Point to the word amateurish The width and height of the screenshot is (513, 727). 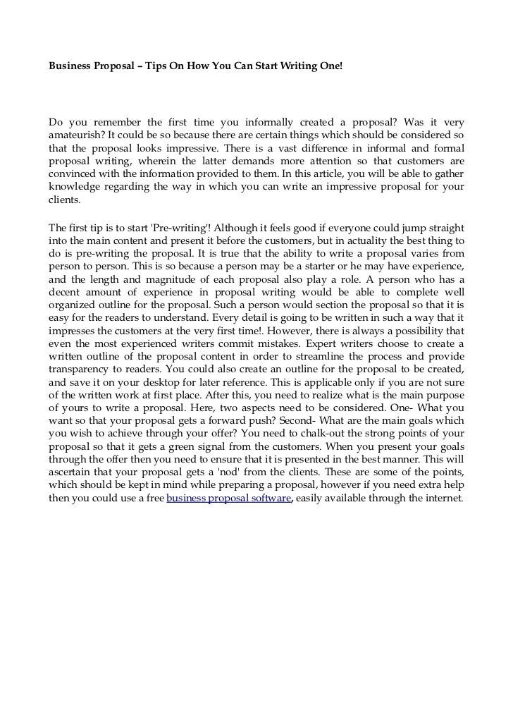pos(73,134)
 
